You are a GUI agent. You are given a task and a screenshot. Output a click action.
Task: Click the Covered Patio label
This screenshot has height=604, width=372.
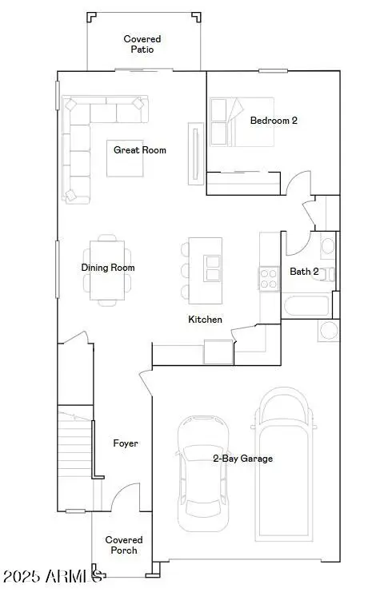[x=142, y=44]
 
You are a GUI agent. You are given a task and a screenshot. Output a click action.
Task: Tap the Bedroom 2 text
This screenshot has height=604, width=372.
[x=274, y=121]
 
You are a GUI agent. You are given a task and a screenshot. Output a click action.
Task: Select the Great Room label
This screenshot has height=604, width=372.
[x=140, y=149]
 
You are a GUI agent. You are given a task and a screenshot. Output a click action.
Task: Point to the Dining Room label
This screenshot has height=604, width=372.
[x=108, y=268]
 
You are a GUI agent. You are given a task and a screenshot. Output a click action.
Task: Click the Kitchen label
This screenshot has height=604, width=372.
[x=205, y=320]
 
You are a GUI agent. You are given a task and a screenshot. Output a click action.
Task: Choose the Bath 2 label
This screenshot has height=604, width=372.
[x=304, y=272]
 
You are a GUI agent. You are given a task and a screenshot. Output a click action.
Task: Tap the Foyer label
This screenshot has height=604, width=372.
[x=126, y=443]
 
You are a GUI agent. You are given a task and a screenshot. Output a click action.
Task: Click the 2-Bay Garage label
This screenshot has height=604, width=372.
[x=242, y=459]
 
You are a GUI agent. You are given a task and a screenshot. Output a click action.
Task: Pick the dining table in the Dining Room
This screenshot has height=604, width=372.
[x=106, y=268]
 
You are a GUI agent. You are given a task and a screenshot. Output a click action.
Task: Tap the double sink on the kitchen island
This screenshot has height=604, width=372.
[x=213, y=268]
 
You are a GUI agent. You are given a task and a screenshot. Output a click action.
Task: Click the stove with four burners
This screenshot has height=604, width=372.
[x=268, y=278]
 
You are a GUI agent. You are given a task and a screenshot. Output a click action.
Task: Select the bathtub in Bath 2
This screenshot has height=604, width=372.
[x=305, y=306]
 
